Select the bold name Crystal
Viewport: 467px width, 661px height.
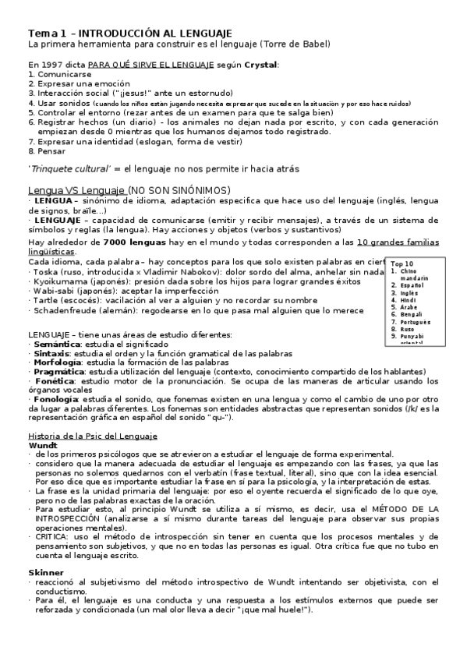(261, 65)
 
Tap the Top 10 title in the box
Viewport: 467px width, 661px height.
(403, 263)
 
